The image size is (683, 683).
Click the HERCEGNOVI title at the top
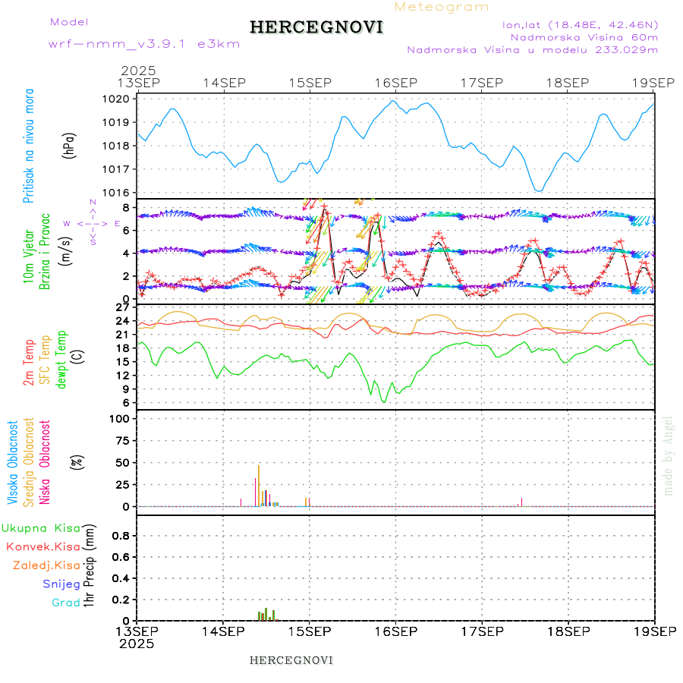tap(316, 27)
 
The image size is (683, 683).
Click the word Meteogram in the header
tap(442, 7)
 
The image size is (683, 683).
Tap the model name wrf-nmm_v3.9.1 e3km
tap(144, 43)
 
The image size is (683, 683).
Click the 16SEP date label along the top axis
tap(395, 82)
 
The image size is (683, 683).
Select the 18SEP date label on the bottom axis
tap(568, 631)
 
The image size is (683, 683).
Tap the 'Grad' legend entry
tap(65, 603)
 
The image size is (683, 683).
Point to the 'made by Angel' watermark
tap(669, 455)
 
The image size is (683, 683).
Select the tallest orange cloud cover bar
tap(259, 486)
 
